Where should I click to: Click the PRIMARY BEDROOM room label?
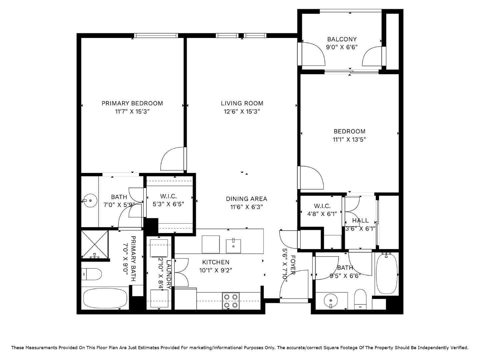[x=132, y=103]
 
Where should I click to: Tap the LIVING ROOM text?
[x=242, y=103]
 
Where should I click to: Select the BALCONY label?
[x=342, y=39]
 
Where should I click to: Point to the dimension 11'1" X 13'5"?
[x=349, y=140]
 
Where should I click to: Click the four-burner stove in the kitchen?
[x=231, y=301]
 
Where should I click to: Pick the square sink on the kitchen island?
[x=233, y=245]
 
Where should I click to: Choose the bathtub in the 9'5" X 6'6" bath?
[x=387, y=273]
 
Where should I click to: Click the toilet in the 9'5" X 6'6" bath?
[x=360, y=299]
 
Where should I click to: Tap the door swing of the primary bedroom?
[x=172, y=159]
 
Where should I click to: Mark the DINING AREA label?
[x=247, y=199]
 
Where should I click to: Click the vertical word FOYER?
[x=293, y=265]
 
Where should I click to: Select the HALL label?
[x=360, y=220]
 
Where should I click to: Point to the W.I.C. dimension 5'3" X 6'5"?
[x=168, y=204]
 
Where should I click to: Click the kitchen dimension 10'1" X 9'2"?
[x=216, y=270]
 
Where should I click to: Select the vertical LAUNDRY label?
[x=169, y=274]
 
